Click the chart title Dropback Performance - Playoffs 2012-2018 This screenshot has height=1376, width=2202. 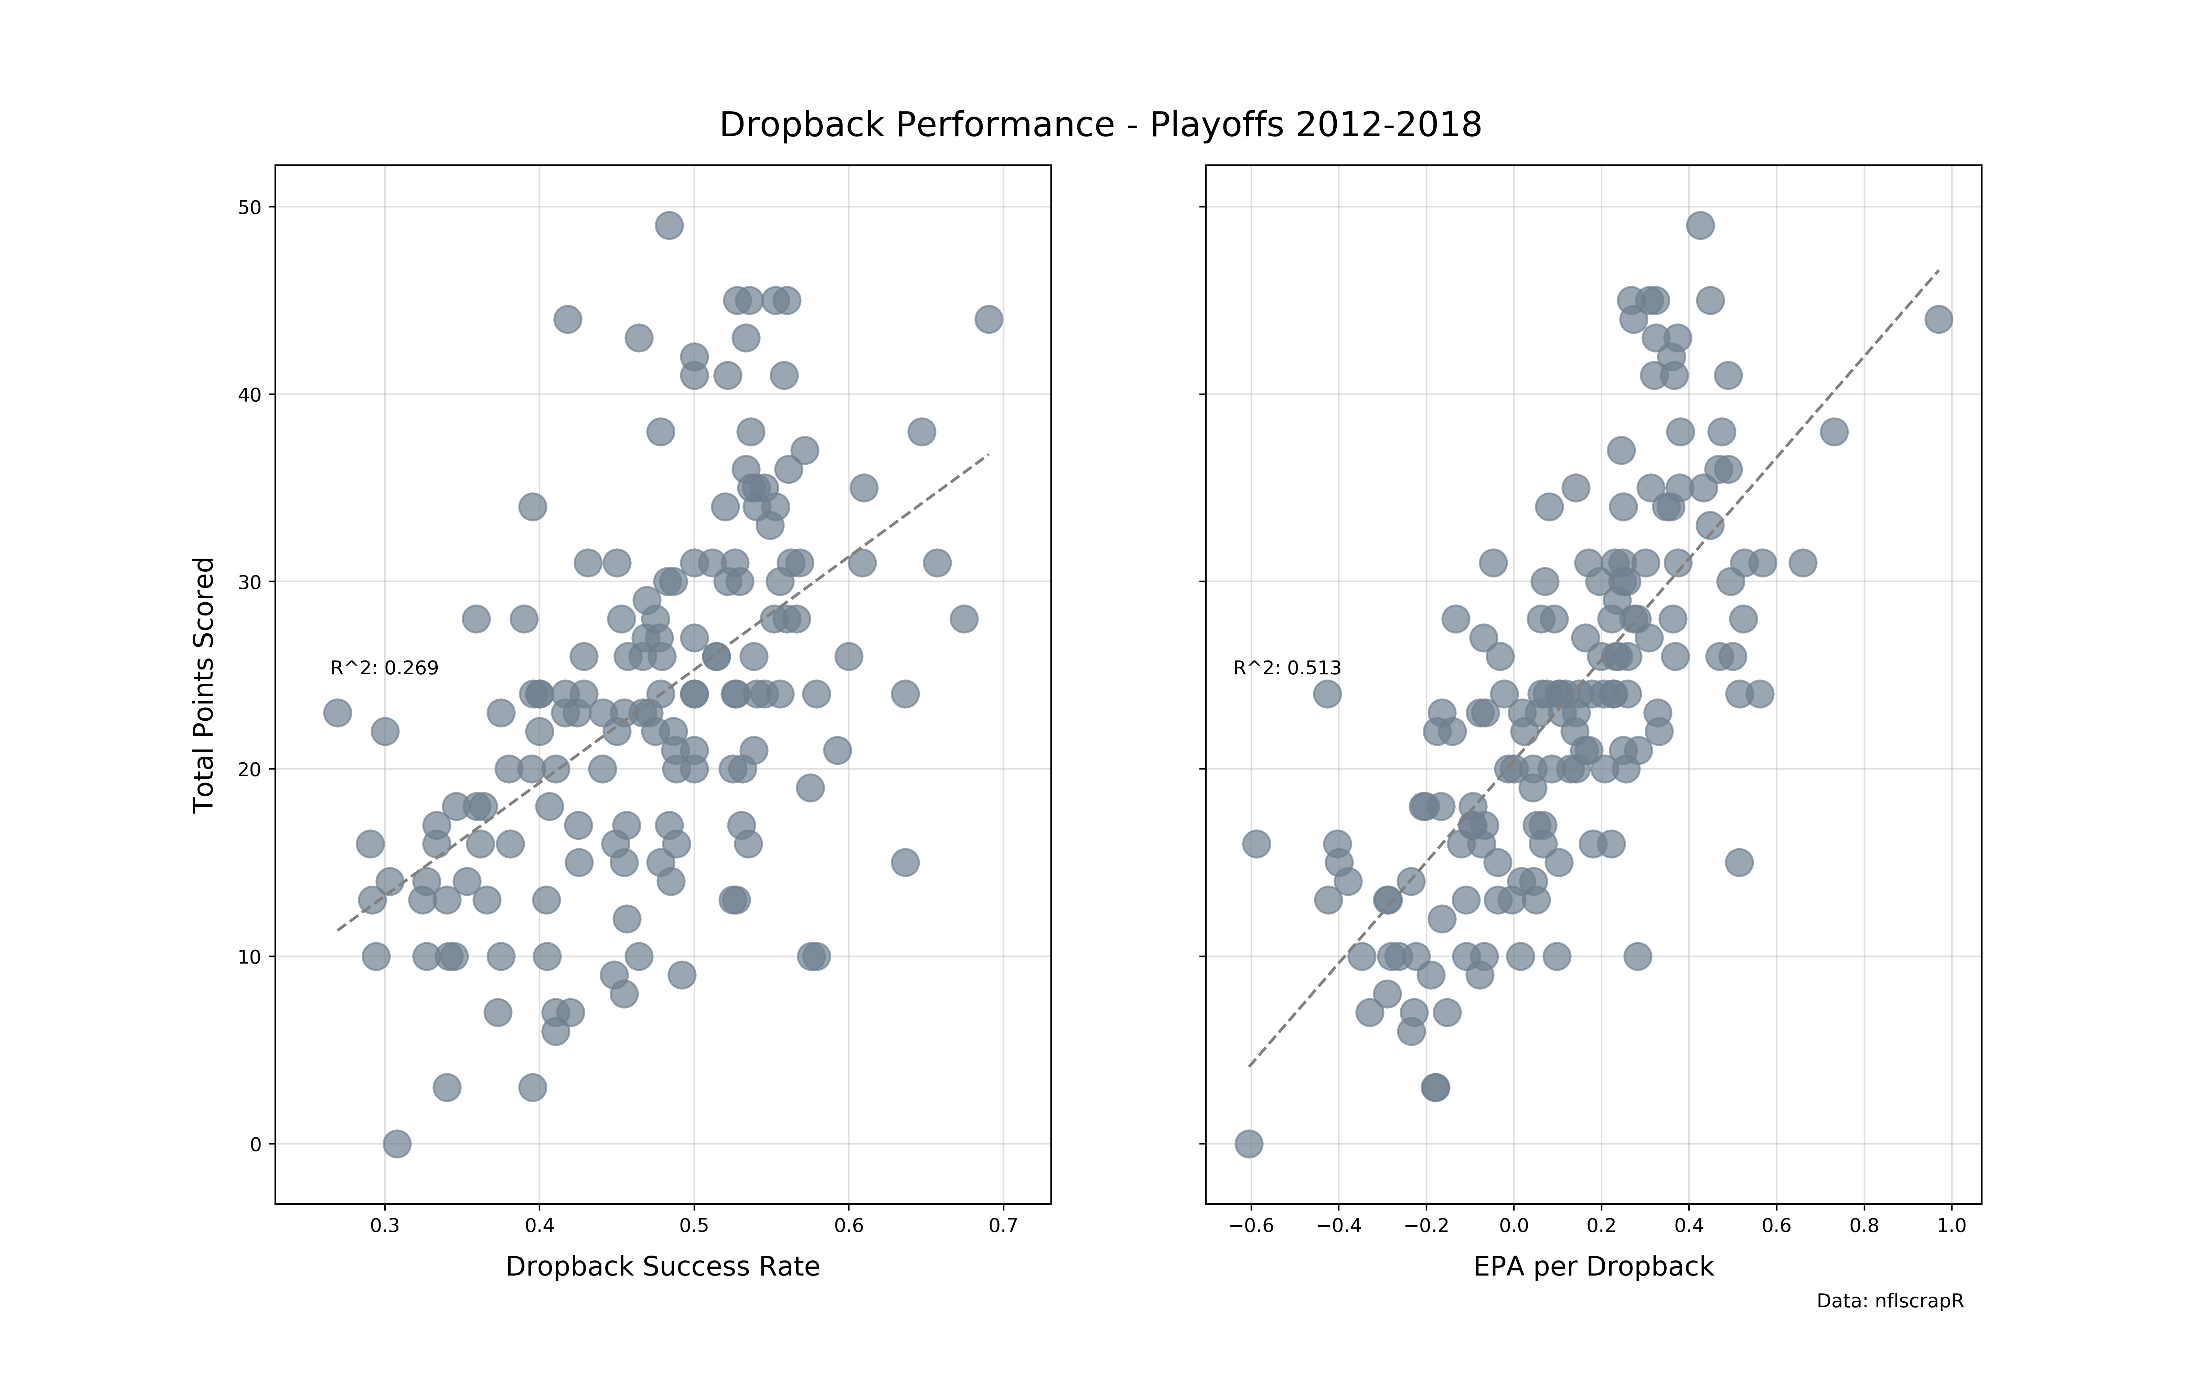pyautogui.click(x=1100, y=125)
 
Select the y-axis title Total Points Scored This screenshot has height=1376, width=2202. pyautogui.click(x=204, y=684)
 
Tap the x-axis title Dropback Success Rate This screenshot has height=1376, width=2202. pyautogui.click(x=662, y=1267)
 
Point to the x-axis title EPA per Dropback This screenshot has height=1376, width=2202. pyautogui.click(x=1593, y=1267)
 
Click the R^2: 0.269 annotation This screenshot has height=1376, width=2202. pyautogui.click(x=384, y=668)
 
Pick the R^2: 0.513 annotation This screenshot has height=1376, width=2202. pyautogui.click(x=1287, y=668)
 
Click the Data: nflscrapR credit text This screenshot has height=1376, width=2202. pyautogui.click(x=1890, y=1301)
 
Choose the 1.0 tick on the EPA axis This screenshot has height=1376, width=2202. pyautogui.click(x=1952, y=1226)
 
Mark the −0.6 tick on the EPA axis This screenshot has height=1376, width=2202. pyautogui.click(x=1251, y=1226)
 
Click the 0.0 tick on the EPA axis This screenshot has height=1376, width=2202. pyautogui.click(x=1514, y=1226)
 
